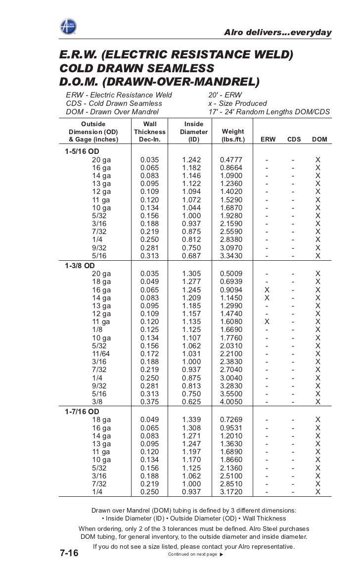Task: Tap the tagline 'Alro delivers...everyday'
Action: click(x=277, y=33)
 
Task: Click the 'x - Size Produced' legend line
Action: click(x=237, y=103)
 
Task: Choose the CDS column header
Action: click(x=294, y=140)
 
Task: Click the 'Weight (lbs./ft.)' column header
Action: click(x=233, y=136)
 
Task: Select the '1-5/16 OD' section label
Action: click(x=82, y=151)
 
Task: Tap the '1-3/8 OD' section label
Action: click(x=80, y=265)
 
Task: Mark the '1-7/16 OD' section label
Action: click(x=82, y=411)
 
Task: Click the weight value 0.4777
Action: click(x=233, y=160)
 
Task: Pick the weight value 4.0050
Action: click(x=233, y=402)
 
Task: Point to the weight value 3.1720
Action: click(x=233, y=492)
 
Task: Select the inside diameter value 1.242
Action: click(x=190, y=160)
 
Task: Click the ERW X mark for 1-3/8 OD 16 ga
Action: click(x=268, y=289)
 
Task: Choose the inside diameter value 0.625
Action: click(x=190, y=402)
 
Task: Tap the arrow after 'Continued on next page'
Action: click(x=221, y=555)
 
